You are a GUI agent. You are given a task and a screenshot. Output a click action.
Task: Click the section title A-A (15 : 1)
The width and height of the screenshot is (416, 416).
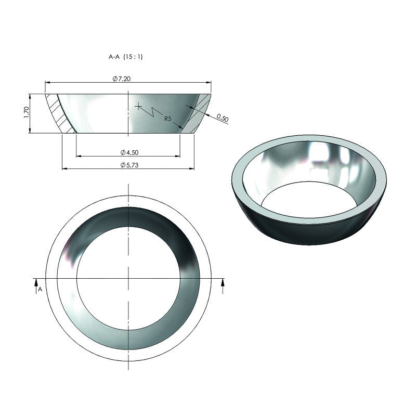coord(125,57)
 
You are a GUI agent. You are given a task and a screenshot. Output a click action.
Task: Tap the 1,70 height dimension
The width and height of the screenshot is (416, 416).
coord(26,113)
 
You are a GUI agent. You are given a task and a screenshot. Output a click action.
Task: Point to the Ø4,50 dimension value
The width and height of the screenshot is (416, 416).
coord(128,152)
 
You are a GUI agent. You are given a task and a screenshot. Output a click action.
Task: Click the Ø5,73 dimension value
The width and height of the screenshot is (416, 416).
coord(128,165)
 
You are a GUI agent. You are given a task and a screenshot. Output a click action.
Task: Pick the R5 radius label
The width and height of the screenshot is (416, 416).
coord(168,119)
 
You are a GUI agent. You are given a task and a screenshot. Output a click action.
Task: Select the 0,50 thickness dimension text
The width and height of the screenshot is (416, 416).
coord(222,118)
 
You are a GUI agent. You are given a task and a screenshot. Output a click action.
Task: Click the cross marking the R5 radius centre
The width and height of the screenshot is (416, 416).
coord(138,107)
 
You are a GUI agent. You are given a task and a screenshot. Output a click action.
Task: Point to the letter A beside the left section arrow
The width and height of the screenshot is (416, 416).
coord(40,289)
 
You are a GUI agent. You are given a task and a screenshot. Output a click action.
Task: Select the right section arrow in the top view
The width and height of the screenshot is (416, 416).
coord(223,283)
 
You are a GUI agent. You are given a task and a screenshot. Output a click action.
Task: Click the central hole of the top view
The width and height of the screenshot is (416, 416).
coord(128,278)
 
